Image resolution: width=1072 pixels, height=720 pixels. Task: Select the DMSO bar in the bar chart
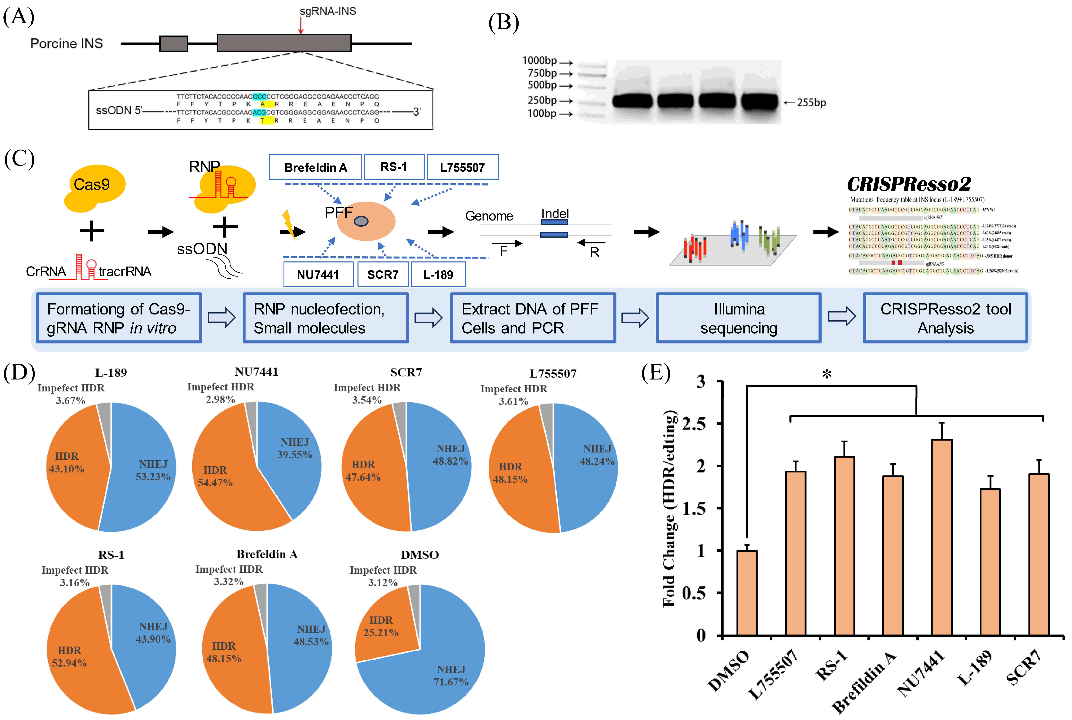pos(746,593)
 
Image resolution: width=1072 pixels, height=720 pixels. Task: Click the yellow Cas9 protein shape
pos(94,187)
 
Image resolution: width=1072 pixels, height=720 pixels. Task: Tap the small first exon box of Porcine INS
pos(174,44)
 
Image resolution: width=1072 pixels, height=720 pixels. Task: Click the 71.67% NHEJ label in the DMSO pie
pos(451,682)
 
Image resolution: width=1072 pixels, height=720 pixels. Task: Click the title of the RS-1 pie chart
pos(111,555)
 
